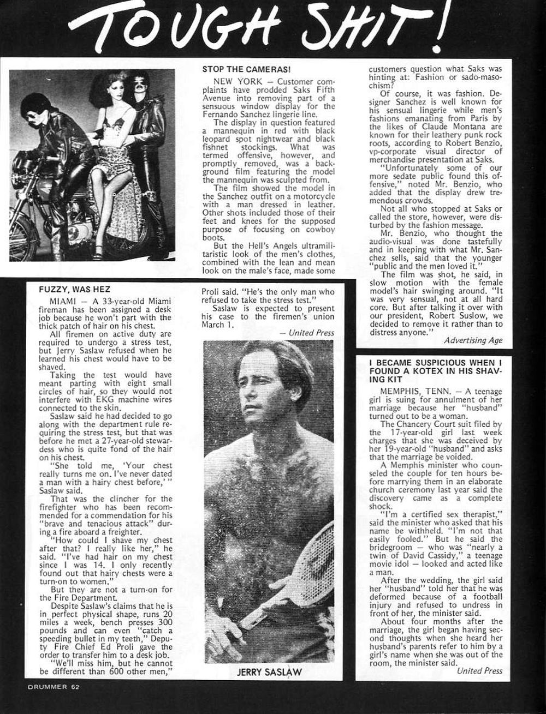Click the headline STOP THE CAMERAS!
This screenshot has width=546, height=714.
pyautogui.click(x=246, y=69)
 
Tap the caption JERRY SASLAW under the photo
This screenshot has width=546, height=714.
pyautogui.click(x=269, y=672)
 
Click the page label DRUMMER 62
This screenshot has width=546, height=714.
pyautogui.click(x=53, y=687)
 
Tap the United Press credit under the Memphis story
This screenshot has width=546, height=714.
pyautogui.click(x=479, y=670)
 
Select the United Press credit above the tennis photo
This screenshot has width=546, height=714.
pyautogui.click(x=311, y=333)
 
